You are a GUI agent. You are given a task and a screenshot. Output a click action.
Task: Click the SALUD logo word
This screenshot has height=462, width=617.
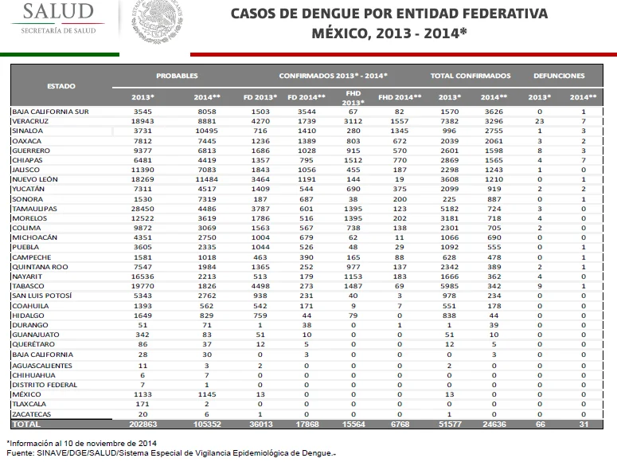pos(58,11)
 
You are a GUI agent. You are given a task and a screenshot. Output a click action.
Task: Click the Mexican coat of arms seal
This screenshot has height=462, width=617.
pos(157,21)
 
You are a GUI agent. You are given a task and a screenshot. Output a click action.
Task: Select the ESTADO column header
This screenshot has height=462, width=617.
pos(61,86)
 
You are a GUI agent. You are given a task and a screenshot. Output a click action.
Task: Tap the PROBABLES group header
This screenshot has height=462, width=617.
pos(177,76)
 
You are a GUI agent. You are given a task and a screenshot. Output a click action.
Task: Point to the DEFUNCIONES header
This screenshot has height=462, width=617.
pos(559,76)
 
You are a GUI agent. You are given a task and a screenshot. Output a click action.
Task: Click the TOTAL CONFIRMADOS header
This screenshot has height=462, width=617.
pos(471,76)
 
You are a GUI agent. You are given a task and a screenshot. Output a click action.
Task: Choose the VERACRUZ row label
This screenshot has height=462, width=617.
pos(30,121)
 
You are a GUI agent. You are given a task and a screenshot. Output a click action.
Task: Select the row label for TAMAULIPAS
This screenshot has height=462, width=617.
pos(34,209)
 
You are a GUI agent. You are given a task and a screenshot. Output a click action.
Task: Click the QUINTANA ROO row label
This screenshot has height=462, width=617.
pos(40,267)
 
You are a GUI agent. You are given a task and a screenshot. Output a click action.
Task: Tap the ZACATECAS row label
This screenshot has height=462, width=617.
pos(32,414)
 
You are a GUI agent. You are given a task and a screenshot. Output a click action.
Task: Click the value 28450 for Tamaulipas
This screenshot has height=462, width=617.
pos(143,209)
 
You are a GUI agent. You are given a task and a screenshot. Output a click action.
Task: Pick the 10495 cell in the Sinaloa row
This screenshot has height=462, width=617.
pos(206,131)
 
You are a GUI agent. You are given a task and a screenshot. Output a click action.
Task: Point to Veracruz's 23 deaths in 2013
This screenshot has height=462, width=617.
pos(540,121)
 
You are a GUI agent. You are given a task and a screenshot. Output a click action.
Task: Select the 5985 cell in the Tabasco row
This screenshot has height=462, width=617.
pos(449,286)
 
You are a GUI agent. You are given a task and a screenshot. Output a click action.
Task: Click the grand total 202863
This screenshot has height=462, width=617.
pos(143,425)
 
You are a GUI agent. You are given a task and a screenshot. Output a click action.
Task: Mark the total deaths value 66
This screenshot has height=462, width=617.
pos(541,425)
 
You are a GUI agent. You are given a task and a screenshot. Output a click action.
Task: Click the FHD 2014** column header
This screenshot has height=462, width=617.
pos(400,97)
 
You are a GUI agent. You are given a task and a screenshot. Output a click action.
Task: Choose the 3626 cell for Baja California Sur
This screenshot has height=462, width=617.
pos(494,112)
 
